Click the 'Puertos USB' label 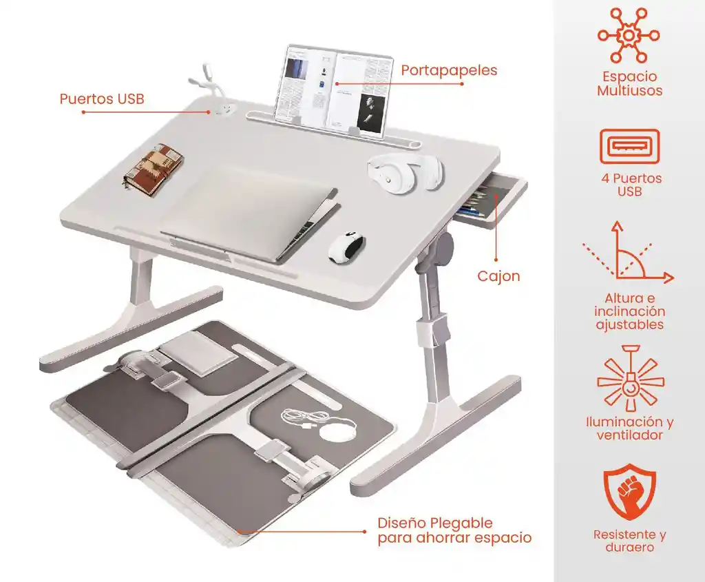tap(102, 99)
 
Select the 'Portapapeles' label tap(449, 70)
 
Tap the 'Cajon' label tap(498, 277)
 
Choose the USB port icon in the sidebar tap(629, 147)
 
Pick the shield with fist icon tap(629, 494)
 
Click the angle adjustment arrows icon tap(627, 253)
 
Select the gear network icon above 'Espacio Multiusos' tap(629, 34)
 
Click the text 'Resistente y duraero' tap(629, 541)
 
